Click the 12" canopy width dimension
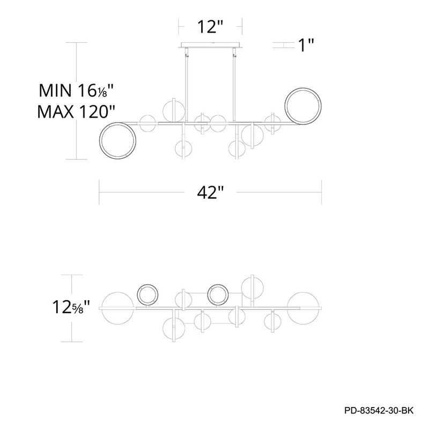[210, 27]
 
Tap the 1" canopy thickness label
[306, 45]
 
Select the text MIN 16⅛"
[76, 91]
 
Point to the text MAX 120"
[76, 112]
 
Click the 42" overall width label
[210, 193]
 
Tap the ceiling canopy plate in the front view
[210, 45]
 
